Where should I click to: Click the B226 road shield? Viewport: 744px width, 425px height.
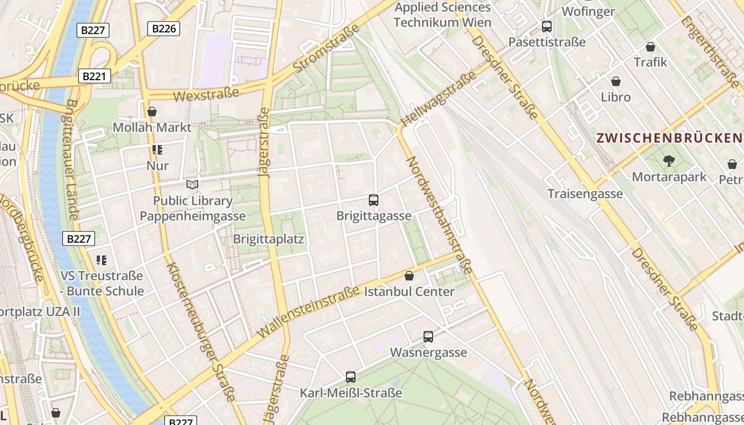tap(164, 29)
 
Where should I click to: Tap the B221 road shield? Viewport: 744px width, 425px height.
tap(94, 76)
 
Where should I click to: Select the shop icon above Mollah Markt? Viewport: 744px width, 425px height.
tap(152, 112)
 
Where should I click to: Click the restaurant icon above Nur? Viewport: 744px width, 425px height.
tap(157, 150)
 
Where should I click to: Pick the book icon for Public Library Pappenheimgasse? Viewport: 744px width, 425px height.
tap(192, 184)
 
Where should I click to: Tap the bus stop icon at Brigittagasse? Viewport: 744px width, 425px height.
tap(374, 200)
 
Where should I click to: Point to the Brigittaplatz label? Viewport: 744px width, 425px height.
tap(268, 239)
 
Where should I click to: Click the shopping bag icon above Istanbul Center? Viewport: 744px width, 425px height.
tap(409, 276)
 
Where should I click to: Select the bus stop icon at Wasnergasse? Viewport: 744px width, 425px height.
tap(428, 336)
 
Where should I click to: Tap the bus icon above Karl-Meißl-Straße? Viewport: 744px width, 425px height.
tap(351, 377)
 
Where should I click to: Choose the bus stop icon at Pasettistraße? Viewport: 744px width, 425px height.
tap(547, 26)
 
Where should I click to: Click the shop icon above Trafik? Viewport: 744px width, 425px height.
tap(650, 47)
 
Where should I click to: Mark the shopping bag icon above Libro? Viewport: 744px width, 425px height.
tap(616, 81)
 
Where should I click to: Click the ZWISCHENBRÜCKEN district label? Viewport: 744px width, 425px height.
tap(670, 138)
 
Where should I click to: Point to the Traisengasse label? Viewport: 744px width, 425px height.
tap(585, 194)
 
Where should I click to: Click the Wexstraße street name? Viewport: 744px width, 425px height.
tap(206, 95)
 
